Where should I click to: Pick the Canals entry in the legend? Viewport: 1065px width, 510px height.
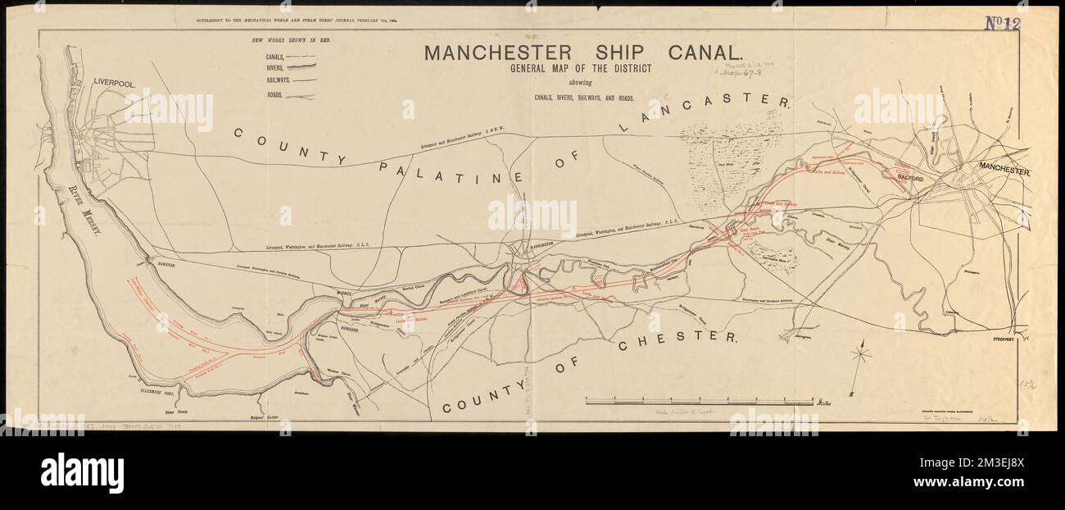(274, 57)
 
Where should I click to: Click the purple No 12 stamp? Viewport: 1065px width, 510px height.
(1001, 23)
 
